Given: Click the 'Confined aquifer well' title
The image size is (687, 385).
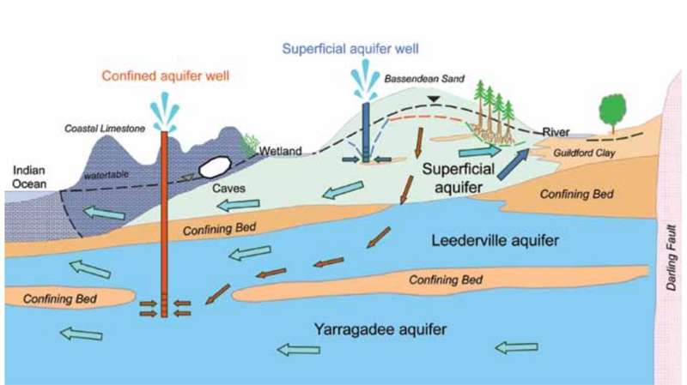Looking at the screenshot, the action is pos(165,75).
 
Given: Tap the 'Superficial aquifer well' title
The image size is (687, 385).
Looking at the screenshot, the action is pos(350,49).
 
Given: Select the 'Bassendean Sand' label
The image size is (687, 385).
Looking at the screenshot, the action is pos(424,79).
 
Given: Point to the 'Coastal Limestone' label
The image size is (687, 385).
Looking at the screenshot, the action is pos(105,129).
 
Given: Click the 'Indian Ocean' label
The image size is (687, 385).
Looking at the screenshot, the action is pos(29,177).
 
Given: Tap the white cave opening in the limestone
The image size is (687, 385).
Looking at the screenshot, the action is pos(215,166).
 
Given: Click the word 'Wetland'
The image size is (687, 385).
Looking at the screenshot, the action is pos(281,151).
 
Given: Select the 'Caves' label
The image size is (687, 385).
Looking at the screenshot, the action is pos(228,188).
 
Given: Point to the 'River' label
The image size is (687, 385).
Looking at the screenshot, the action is pos(556,132).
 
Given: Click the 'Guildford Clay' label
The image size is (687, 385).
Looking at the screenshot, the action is pos(584,153).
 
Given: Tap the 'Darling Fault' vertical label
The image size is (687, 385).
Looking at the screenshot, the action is pos(672,257).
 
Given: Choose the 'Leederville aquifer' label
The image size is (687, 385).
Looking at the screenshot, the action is pos(495,240).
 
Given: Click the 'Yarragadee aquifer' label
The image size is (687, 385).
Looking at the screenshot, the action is pos(380,329).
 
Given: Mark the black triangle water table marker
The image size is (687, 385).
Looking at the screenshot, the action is pos(434,99).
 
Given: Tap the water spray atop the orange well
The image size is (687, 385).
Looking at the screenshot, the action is pos(165,112).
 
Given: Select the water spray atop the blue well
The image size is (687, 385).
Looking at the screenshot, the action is pos(366,80).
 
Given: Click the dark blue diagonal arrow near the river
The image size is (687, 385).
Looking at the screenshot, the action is pos(513,165).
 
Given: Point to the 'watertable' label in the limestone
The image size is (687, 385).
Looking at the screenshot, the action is pos(106,175).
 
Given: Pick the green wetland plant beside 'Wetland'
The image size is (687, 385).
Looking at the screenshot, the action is pos(249,145).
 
